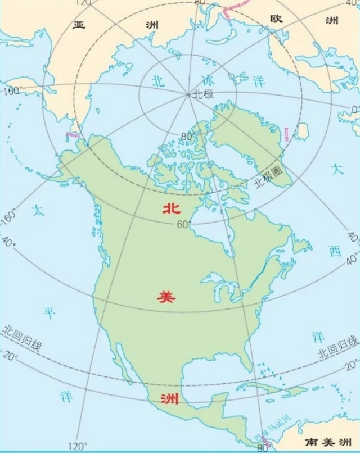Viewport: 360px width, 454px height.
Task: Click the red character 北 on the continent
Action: point(171,208)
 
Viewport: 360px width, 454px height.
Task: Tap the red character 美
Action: point(167,297)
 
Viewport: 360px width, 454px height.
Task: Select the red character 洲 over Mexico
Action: point(169,399)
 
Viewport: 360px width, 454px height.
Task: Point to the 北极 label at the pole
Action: point(203,94)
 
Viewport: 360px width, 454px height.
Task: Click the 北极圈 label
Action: point(268,176)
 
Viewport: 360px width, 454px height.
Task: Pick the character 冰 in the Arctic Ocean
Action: point(206,80)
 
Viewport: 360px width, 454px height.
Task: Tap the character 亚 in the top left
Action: point(79,25)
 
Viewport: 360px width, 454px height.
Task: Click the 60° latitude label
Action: point(184,225)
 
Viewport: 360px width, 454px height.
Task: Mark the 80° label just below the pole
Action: point(187,136)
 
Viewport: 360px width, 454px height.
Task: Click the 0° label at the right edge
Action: point(355,108)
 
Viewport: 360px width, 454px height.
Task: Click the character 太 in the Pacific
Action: point(38,211)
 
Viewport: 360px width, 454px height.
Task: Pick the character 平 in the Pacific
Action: point(49,313)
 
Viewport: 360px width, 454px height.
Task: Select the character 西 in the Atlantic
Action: point(335,251)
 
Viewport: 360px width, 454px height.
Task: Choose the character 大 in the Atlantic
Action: point(336,169)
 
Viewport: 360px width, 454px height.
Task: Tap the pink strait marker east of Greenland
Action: point(287,134)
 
